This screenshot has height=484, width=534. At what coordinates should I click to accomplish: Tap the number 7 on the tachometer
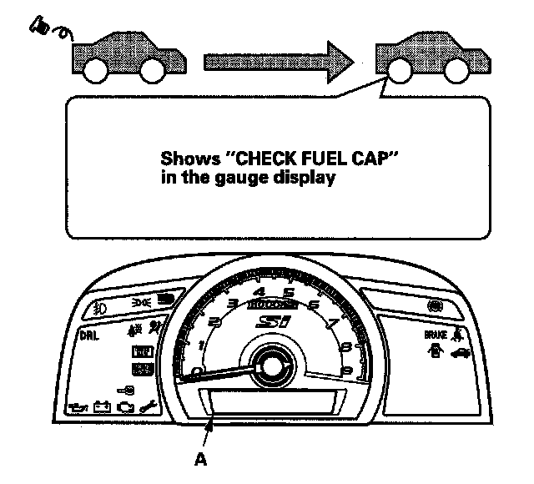[x=333, y=324]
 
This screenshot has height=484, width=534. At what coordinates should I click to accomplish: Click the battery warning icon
[x=102, y=407]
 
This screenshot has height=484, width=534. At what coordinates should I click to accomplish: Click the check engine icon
[x=126, y=407]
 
